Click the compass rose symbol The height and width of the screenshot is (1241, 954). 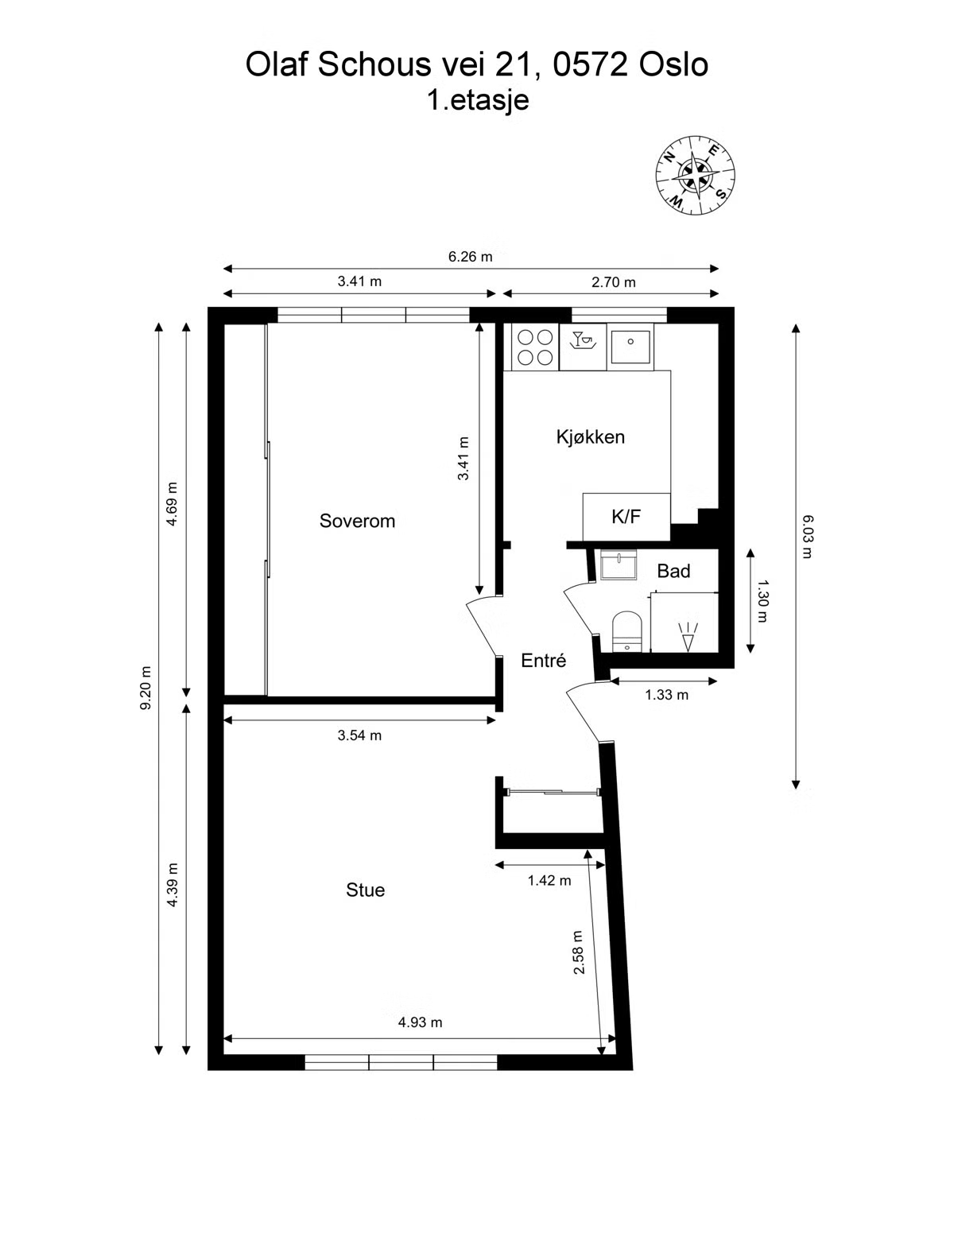695,176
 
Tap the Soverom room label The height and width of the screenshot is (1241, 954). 357,521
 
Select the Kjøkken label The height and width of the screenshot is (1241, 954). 591,437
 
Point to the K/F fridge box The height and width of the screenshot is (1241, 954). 626,516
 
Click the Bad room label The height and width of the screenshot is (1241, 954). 673,571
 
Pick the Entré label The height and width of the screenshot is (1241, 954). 544,661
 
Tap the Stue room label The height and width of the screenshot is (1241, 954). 366,890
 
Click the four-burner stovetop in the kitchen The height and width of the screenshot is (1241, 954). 535,347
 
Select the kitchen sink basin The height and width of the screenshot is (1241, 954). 630,347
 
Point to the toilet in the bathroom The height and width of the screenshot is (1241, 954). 627,631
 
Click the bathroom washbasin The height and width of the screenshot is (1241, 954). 619,565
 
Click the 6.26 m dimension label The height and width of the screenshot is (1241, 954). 470,257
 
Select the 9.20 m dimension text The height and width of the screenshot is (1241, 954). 145,688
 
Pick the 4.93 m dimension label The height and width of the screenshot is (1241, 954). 421,1022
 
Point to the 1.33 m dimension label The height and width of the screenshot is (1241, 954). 666,695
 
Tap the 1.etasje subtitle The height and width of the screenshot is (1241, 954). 478,100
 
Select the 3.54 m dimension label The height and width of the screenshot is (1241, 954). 359,735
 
